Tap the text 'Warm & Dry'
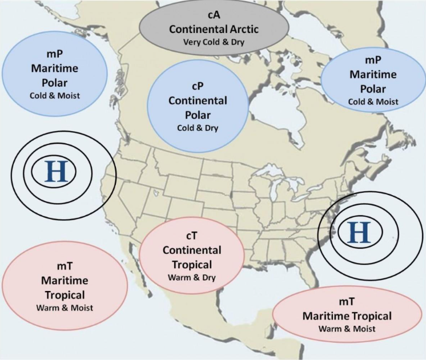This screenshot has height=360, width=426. point(191,278)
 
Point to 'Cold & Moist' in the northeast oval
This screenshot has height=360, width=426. point(372,101)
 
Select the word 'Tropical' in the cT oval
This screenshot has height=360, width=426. point(191,265)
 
